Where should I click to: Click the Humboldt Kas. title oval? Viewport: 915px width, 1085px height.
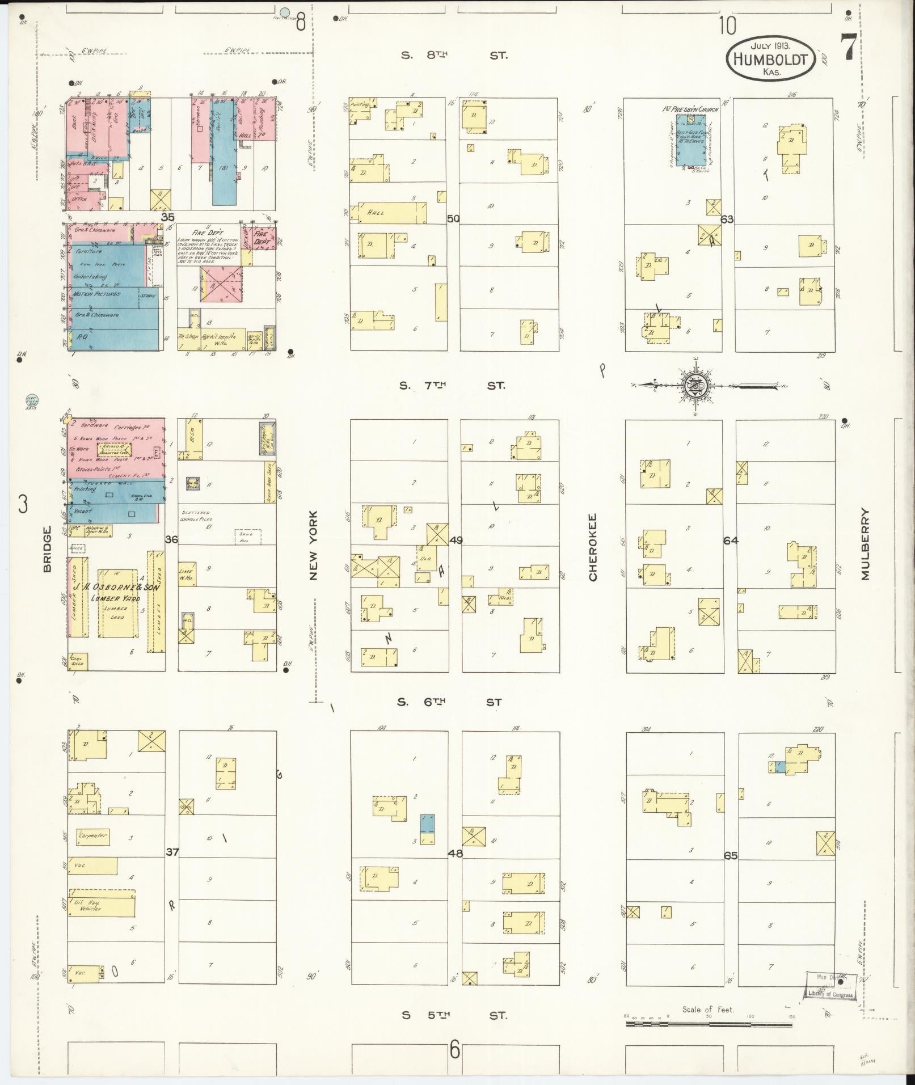[770, 58]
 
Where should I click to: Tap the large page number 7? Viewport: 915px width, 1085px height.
[848, 48]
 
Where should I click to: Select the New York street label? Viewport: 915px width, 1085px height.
[314, 546]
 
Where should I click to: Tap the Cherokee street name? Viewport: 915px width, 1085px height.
[593, 547]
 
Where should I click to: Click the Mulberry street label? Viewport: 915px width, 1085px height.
[865, 543]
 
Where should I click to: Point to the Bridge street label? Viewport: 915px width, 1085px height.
[47, 548]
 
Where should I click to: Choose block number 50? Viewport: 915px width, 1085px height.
[453, 218]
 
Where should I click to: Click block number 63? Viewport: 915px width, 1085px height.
[727, 218]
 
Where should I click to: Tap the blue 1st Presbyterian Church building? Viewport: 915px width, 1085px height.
[692, 138]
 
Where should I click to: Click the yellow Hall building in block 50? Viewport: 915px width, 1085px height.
[391, 212]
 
